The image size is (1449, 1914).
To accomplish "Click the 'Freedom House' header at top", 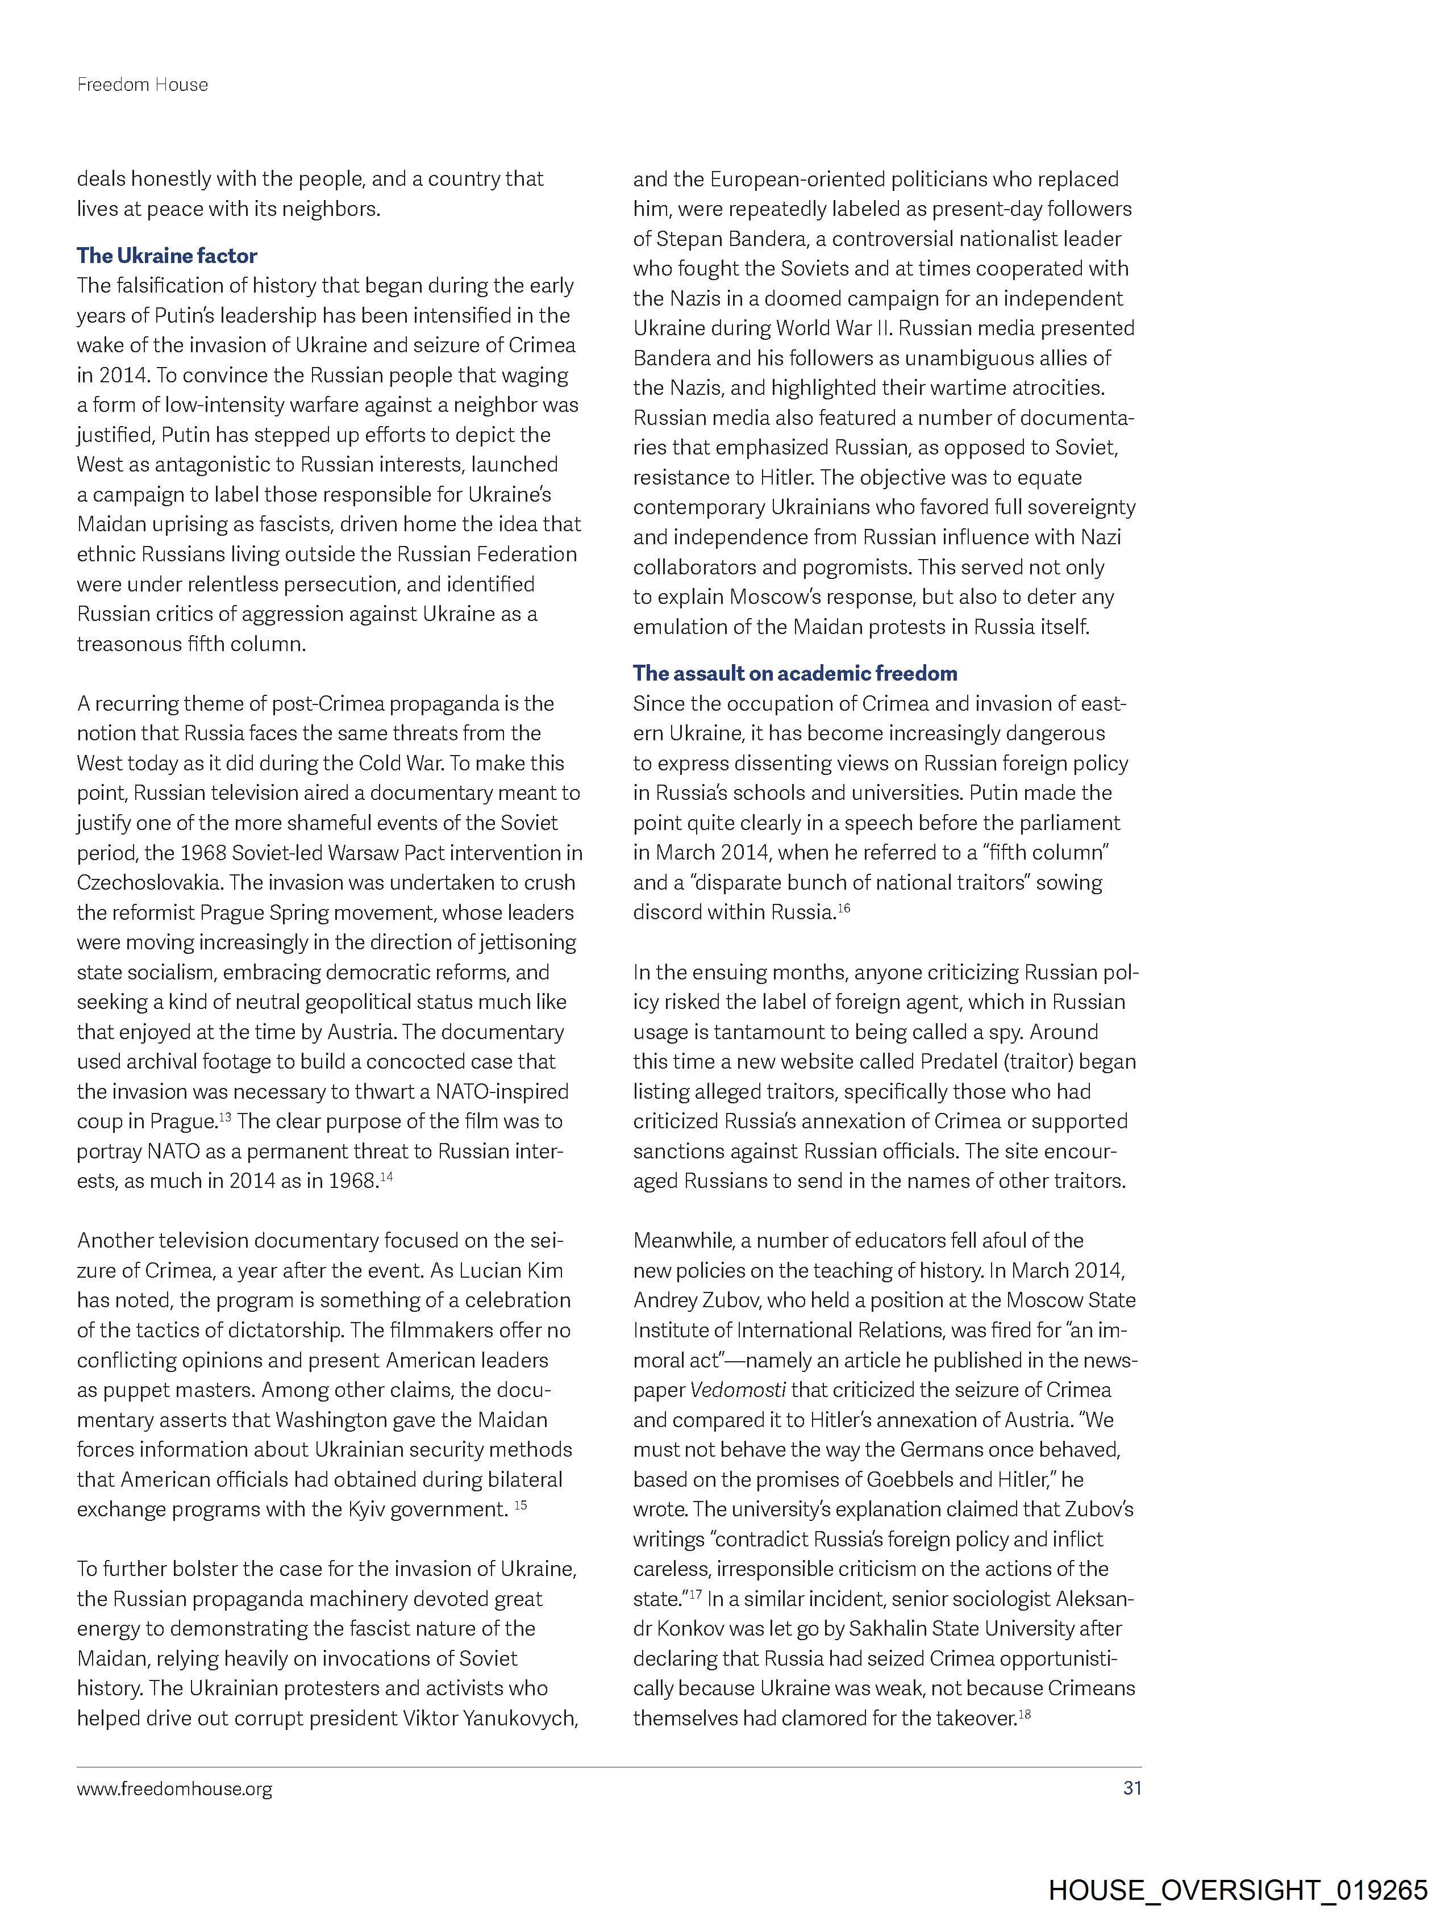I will [143, 85].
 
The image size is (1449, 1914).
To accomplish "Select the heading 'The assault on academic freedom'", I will [794, 673].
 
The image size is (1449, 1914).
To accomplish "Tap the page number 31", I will [1131, 1788].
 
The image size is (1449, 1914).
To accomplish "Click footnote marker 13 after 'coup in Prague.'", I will [225, 1117].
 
